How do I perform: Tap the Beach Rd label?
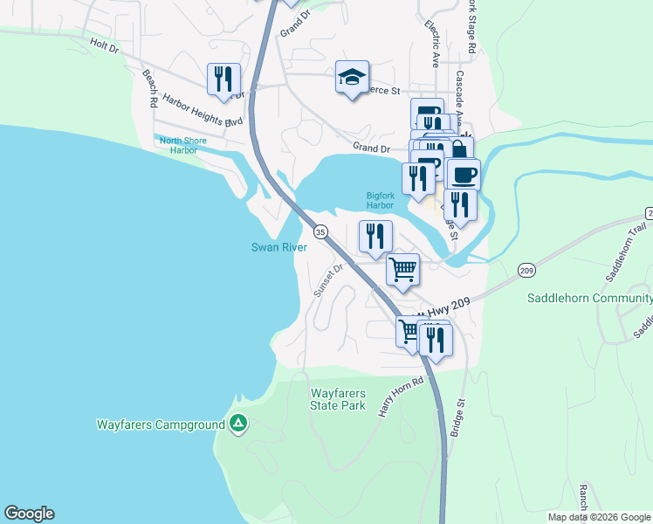point(149,87)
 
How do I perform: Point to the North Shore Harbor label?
point(177,144)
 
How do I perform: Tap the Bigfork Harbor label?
point(381,200)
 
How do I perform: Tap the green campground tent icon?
point(237,424)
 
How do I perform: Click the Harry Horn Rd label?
point(401,396)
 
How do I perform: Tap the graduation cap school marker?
point(352,78)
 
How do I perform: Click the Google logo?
point(29,514)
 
